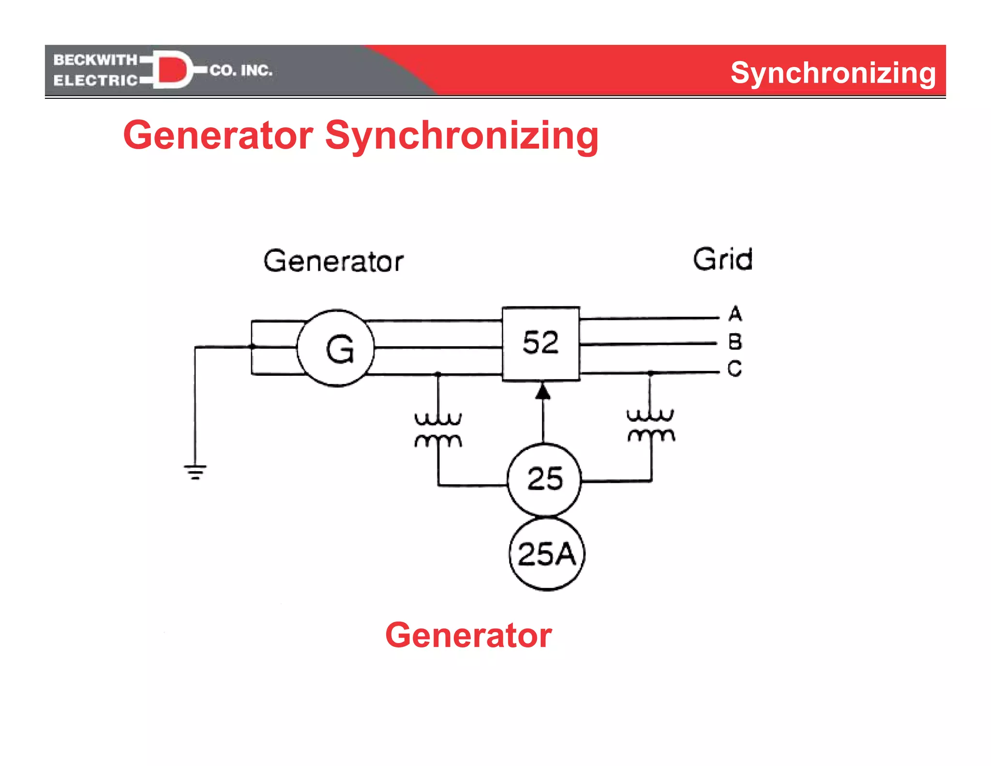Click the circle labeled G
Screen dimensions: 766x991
pyautogui.click(x=336, y=348)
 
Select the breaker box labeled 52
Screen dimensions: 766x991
pyautogui.click(x=541, y=343)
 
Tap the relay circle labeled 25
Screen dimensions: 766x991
pyautogui.click(x=544, y=479)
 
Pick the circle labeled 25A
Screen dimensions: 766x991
pyautogui.click(x=547, y=554)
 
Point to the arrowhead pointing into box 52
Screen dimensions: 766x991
pyautogui.click(x=543, y=391)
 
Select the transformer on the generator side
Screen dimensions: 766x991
pyautogui.click(x=438, y=429)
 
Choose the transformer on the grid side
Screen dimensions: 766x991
pyautogui.click(x=650, y=425)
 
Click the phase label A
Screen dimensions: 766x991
pyautogui.click(x=735, y=314)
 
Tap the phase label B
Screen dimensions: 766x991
pyautogui.click(x=735, y=342)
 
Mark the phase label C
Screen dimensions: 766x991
pyautogui.click(x=735, y=368)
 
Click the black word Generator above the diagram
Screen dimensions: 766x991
pyautogui.click(x=333, y=261)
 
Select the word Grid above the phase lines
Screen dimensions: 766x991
pyautogui.click(x=722, y=259)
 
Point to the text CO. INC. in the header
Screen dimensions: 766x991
pyautogui.click(x=241, y=71)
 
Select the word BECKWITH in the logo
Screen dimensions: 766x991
pyautogui.click(x=95, y=60)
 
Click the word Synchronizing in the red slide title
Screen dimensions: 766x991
pyautogui.click(x=462, y=136)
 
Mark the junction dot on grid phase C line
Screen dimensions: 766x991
pyautogui.click(x=651, y=373)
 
